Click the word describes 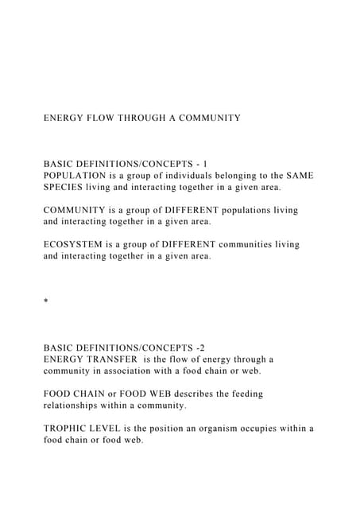pyautogui.click(x=208, y=394)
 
